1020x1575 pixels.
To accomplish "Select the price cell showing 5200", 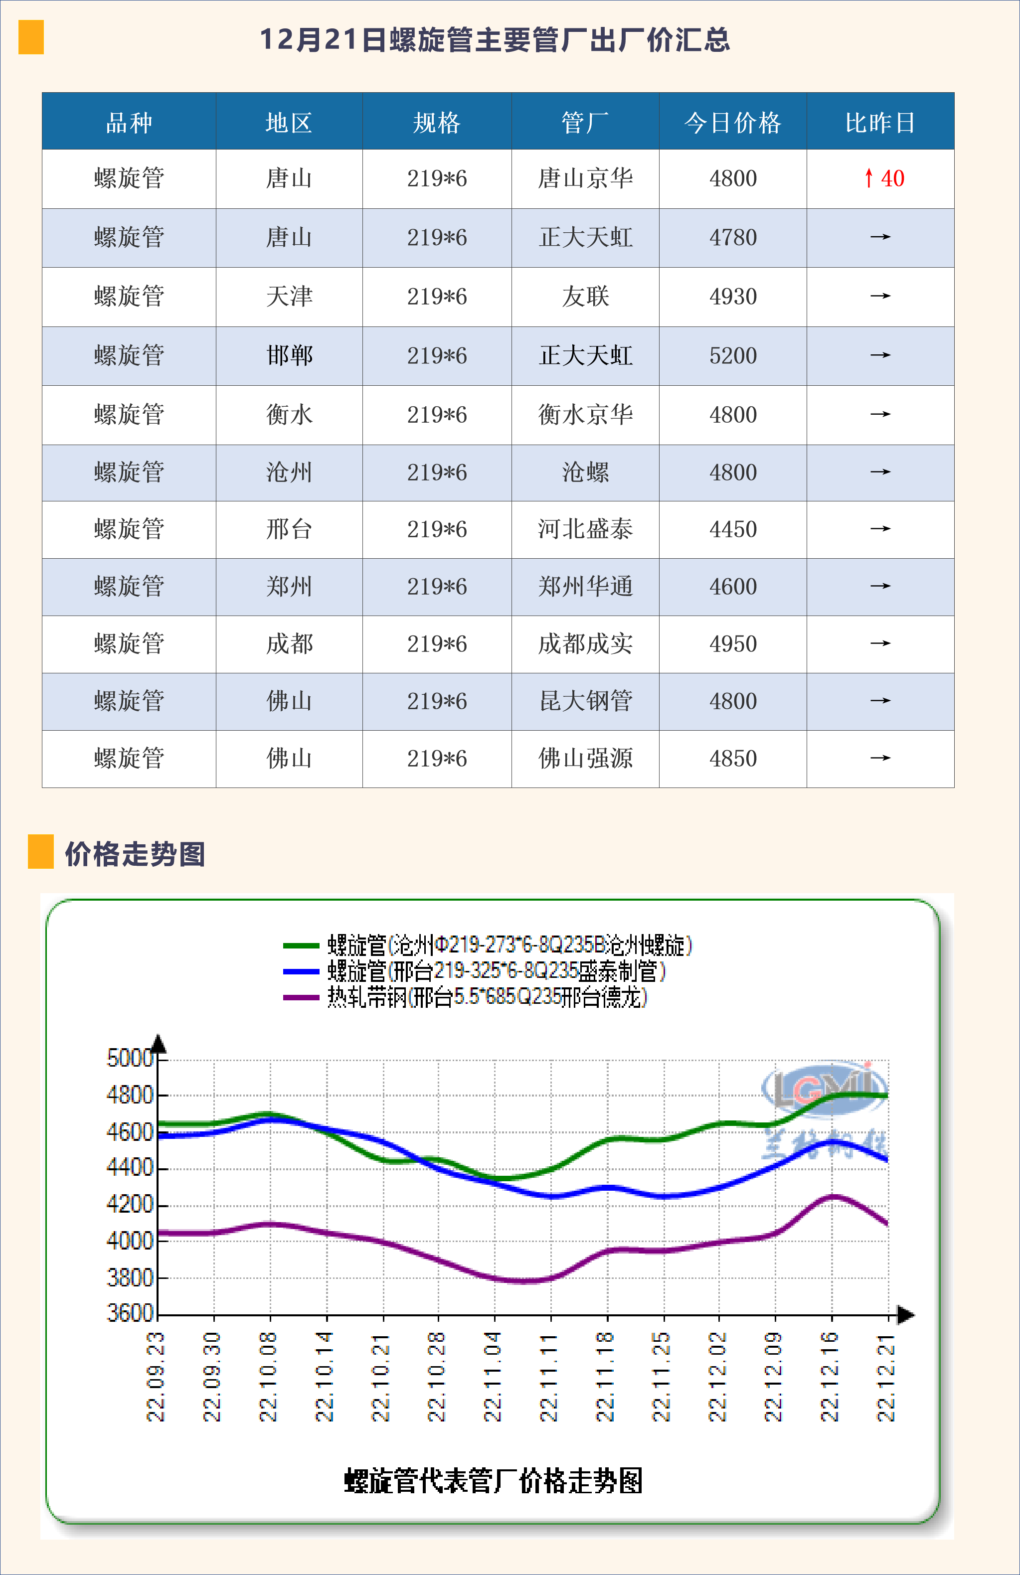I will coord(733,356).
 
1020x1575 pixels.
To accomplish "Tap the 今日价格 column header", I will coord(733,123).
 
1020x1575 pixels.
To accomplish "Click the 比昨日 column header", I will coord(880,123).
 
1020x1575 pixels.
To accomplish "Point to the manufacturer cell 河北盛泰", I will coord(585,529).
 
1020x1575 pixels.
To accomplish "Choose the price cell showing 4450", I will coord(733,529).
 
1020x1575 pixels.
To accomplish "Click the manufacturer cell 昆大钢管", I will coord(585,701).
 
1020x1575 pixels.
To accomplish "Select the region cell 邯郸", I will coord(289,356).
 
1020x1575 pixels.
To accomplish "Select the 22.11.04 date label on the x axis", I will coord(493,1377).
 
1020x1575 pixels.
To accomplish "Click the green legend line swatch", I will coord(301,945).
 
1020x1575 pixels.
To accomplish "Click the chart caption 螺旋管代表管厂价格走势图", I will coord(493,1480).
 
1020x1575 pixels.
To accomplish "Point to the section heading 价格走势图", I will coord(135,854).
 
